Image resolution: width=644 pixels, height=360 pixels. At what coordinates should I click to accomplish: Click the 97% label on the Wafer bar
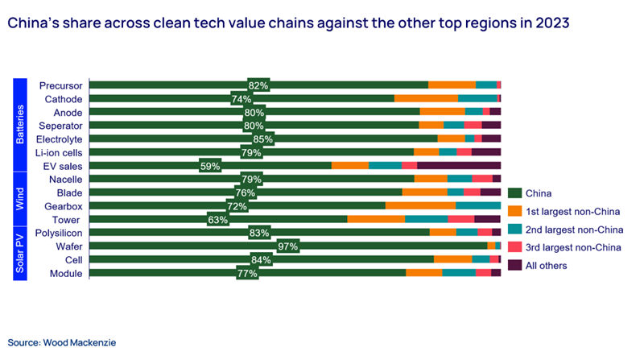[x=287, y=246]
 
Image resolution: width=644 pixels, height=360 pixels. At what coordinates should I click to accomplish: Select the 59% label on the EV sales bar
[x=209, y=166]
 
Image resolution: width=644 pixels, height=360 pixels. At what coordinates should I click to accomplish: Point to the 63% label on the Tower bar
[x=217, y=219]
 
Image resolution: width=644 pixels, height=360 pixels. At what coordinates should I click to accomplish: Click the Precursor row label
[x=60, y=85]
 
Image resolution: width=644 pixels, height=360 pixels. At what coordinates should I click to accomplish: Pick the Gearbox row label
[x=63, y=205]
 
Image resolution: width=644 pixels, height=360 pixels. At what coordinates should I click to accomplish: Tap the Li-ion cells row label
[x=58, y=152]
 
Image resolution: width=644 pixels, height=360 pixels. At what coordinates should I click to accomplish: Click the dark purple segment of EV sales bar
[x=459, y=166]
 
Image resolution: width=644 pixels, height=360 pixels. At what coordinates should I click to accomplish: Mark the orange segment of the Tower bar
[x=376, y=219]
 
